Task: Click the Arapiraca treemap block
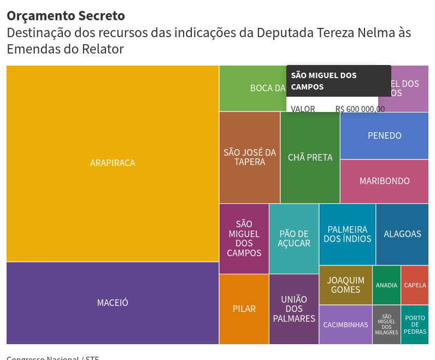tap(113, 163)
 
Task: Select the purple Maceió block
tap(113, 303)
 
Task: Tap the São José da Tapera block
tap(250, 157)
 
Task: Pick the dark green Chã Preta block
tap(310, 157)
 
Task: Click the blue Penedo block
tap(384, 135)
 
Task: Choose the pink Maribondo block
tap(384, 181)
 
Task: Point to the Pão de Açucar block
tap(294, 239)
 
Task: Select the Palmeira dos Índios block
tap(347, 234)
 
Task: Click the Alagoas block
tap(402, 234)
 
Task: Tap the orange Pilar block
tap(244, 309)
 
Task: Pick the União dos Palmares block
tap(294, 309)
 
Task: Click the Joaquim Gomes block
tap(345, 285)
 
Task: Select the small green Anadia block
tap(386, 285)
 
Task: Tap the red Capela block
tap(415, 285)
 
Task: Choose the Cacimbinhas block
tap(345, 324)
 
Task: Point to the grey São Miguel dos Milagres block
tap(386, 324)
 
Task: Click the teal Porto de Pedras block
tap(415, 324)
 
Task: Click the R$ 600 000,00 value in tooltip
tap(360, 109)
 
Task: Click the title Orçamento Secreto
tap(66, 16)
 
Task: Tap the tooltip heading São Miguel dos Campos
tap(324, 81)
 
